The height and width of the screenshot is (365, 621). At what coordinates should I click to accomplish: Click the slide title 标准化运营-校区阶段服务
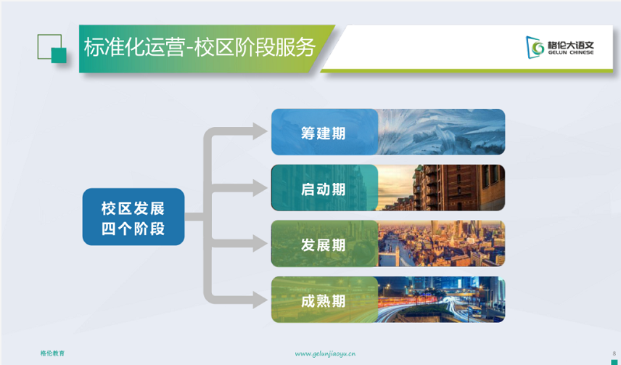pyautogui.click(x=200, y=48)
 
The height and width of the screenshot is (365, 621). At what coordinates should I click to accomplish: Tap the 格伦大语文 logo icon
pyautogui.click(x=535, y=47)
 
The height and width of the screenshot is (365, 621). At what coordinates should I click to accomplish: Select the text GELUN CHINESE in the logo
pyautogui.click(x=571, y=53)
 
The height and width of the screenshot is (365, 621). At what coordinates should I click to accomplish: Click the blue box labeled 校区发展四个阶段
pyautogui.click(x=133, y=217)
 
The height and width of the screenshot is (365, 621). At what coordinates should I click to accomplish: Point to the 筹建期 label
pyautogui.click(x=323, y=134)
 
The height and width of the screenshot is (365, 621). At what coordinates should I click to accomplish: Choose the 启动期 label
pyautogui.click(x=323, y=189)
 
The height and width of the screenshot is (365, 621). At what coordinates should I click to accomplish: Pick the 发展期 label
pyautogui.click(x=323, y=245)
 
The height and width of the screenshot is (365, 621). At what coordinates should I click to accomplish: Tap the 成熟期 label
pyautogui.click(x=323, y=301)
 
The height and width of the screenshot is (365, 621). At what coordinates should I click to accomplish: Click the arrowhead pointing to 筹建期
pyautogui.click(x=260, y=131)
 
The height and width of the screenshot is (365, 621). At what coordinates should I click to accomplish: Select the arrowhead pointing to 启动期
pyautogui.click(x=260, y=187)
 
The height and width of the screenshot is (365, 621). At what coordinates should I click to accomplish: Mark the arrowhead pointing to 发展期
pyautogui.click(x=260, y=243)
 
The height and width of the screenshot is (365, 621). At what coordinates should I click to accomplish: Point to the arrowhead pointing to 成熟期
pyautogui.click(x=260, y=300)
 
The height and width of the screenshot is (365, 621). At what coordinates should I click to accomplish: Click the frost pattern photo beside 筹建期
pyautogui.click(x=441, y=132)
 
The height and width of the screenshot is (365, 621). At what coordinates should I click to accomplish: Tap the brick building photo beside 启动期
pyautogui.click(x=441, y=188)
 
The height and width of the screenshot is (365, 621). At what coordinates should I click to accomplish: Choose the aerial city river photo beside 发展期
pyautogui.click(x=441, y=244)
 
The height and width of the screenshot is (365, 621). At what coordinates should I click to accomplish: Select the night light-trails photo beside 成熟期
pyautogui.click(x=441, y=300)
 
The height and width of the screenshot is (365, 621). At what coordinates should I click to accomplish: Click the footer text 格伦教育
pyautogui.click(x=52, y=353)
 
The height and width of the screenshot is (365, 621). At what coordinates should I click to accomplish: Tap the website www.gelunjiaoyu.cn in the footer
pyautogui.click(x=325, y=353)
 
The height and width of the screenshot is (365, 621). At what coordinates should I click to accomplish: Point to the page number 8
pyautogui.click(x=614, y=353)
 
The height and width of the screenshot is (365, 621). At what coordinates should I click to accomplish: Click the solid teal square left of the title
pyautogui.click(x=59, y=55)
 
